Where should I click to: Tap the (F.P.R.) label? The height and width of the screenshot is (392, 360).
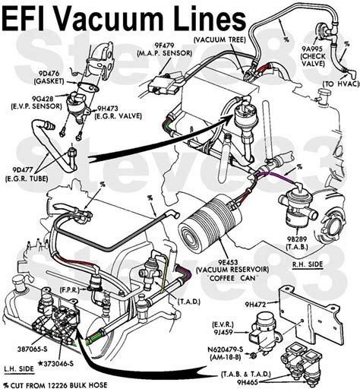click(x=74, y=290)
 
